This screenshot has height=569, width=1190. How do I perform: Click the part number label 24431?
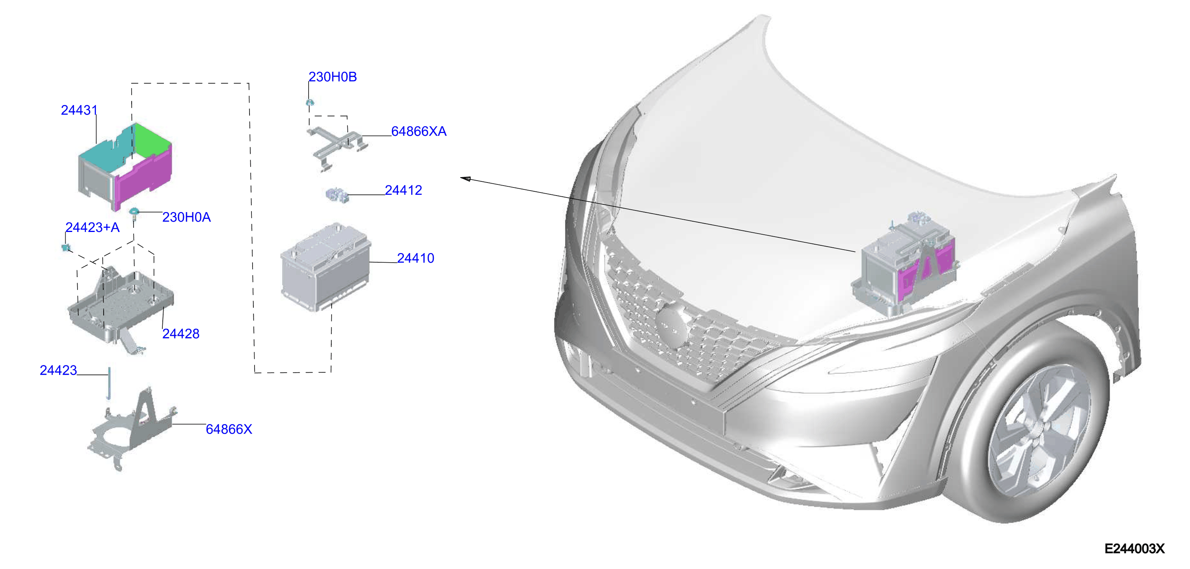point(79,110)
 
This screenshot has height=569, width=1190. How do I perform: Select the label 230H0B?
point(332,77)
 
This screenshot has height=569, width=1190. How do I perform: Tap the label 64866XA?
point(418,132)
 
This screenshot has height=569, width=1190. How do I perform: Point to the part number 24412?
point(403,190)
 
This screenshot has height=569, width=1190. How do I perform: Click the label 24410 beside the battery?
point(416,258)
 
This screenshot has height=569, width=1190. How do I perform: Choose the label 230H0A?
point(186,217)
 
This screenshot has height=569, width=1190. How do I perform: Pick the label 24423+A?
point(93,227)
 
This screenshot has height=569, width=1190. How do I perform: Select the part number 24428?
point(181,334)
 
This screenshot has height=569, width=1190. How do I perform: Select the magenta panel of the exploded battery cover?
point(144,175)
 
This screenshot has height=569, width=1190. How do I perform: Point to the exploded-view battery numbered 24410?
point(326,268)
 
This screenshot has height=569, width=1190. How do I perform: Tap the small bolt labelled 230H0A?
point(134,213)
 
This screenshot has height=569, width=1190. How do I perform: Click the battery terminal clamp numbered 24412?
point(337,195)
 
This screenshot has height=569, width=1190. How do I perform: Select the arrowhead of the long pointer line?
point(466,179)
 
